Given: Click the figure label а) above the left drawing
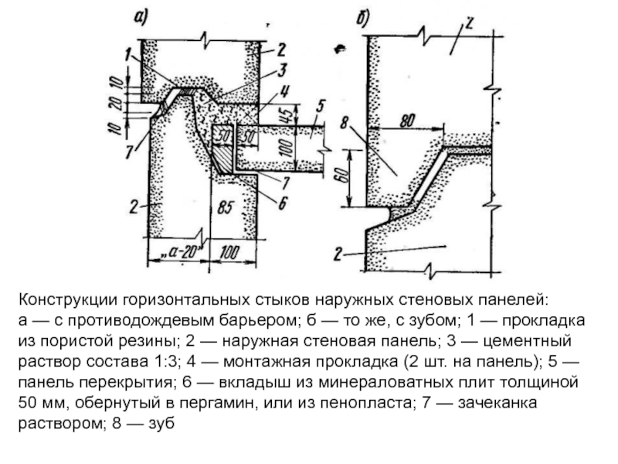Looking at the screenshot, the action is pyautogui.click(x=141, y=17).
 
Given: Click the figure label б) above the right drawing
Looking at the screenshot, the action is pyautogui.click(x=362, y=18).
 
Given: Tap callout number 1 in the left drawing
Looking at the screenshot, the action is pyautogui.click(x=127, y=54).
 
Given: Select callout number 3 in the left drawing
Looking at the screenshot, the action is pyautogui.click(x=281, y=70).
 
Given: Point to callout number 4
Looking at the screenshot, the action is pyautogui.click(x=284, y=91).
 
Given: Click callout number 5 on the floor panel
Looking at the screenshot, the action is pyautogui.click(x=320, y=107).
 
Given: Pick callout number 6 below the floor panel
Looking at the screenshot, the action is pyautogui.click(x=282, y=203).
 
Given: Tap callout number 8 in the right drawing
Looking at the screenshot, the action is pyautogui.click(x=344, y=123).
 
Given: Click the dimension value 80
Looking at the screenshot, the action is pyautogui.click(x=407, y=121).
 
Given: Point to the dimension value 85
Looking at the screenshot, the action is pyautogui.click(x=225, y=207).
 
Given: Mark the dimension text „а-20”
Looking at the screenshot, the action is pyautogui.click(x=182, y=251).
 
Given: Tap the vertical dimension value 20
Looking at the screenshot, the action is pyautogui.click(x=115, y=104).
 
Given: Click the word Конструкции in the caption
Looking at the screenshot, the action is pyautogui.click(x=68, y=300).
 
